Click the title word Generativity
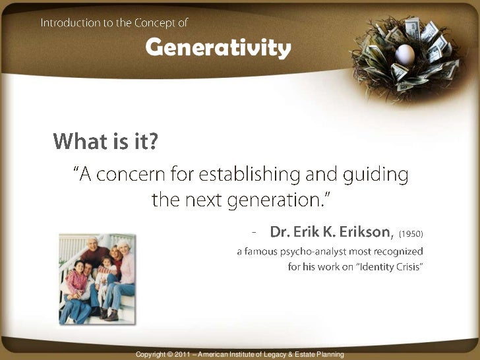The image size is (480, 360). pos(218,48)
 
